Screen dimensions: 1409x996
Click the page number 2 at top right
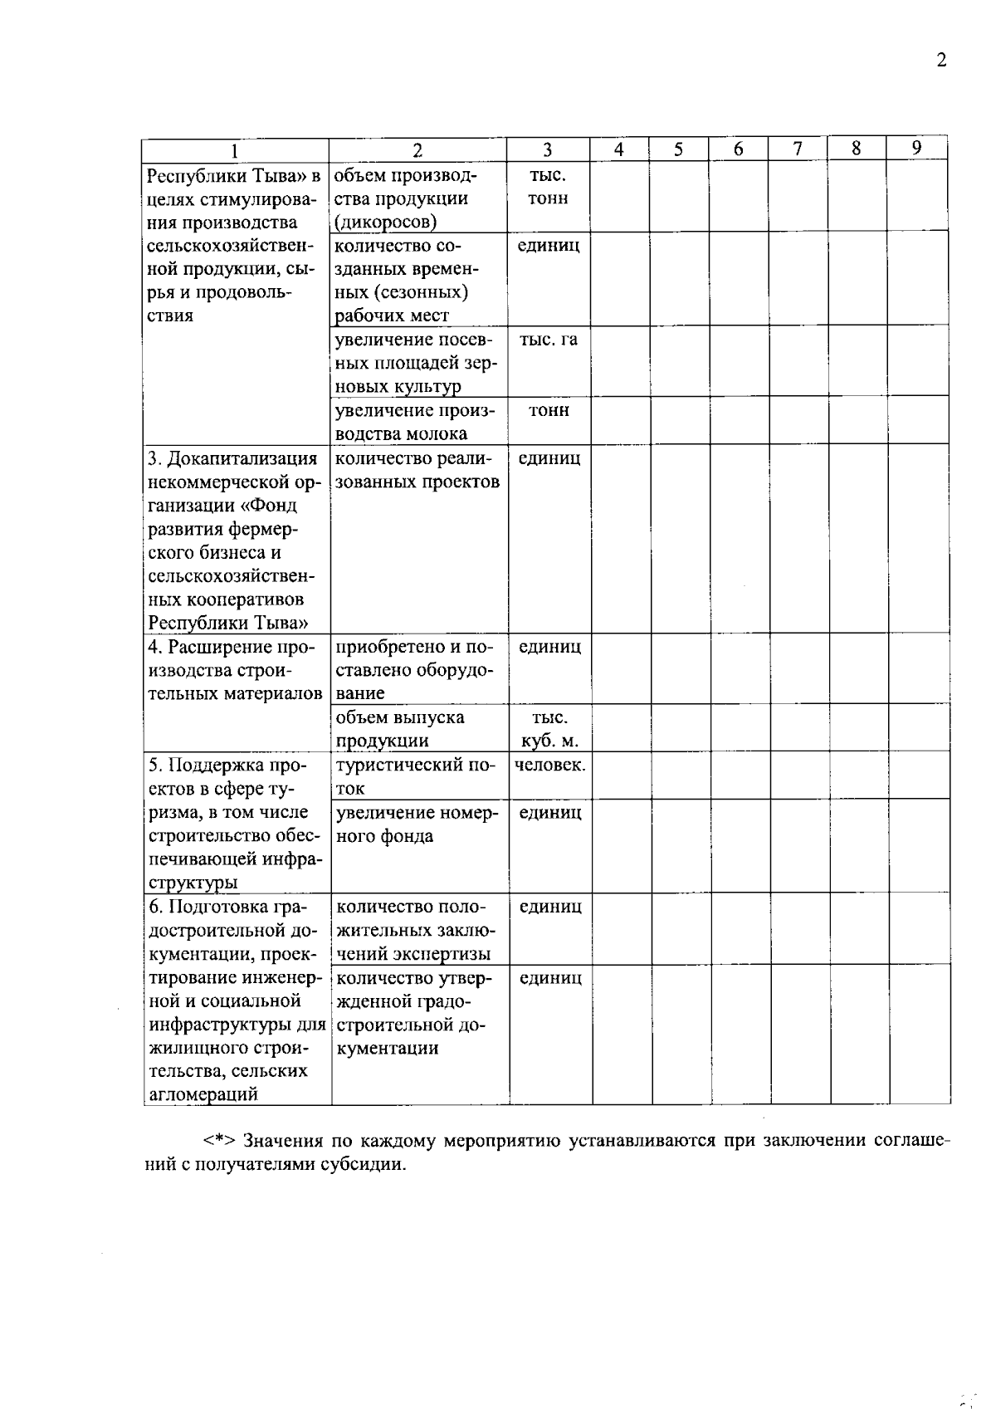(940, 61)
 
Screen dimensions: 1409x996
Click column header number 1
(235, 150)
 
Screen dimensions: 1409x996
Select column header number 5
(678, 149)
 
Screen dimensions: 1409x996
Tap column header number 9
(916, 148)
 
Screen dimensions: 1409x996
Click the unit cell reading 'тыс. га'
(549, 340)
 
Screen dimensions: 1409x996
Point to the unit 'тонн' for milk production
(549, 410)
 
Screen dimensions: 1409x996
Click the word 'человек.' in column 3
(549, 765)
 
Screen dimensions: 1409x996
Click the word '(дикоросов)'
(385, 222)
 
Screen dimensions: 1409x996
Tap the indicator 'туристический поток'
(413, 776)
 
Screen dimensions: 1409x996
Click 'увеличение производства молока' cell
(413, 422)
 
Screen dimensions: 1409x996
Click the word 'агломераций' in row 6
(203, 1093)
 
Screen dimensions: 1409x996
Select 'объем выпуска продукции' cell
(401, 729)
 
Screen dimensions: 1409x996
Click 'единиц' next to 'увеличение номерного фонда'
(549, 812)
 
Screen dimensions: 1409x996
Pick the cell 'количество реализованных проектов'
(416, 470)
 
